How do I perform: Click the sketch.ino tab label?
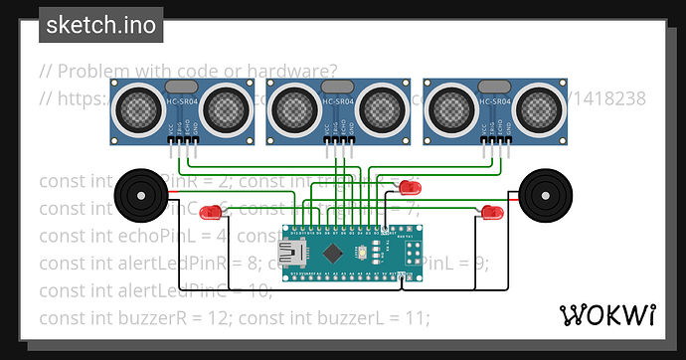100,25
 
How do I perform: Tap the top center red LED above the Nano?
408,187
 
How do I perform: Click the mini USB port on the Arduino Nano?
294,256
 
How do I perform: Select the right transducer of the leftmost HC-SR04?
225,107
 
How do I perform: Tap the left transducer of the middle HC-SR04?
298,107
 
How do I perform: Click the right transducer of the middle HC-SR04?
382,107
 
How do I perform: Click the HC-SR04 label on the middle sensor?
340,102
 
